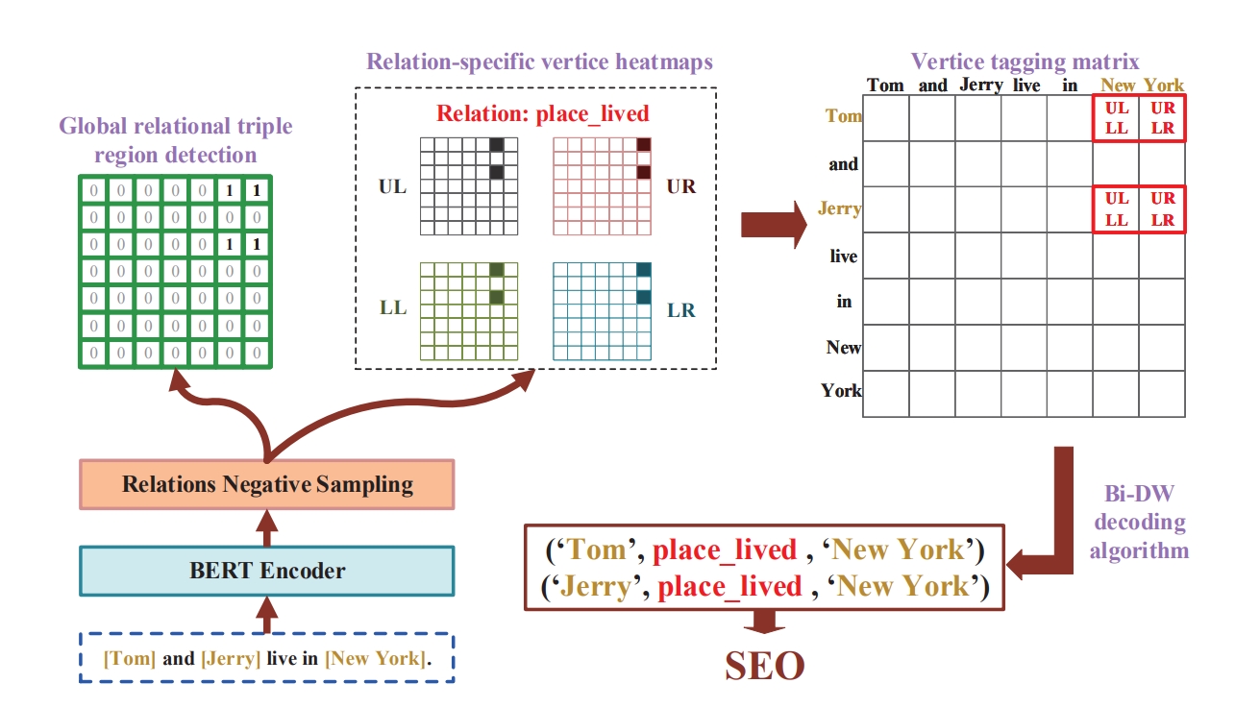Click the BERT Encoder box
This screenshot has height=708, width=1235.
click(x=267, y=571)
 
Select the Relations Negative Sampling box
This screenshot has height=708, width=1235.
click(x=267, y=484)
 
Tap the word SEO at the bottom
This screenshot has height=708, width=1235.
click(x=764, y=666)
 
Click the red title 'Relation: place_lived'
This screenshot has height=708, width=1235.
click(x=543, y=113)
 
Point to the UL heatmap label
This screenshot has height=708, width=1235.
click(x=392, y=186)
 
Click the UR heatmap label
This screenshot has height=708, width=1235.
click(x=680, y=186)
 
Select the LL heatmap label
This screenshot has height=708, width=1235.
click(x=392, y=307)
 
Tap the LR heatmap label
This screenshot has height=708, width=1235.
click(x=681, y=310)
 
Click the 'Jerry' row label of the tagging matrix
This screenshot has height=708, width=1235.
click(x=839, y=208)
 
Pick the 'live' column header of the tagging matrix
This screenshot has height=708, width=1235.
click(x=1025, y=85)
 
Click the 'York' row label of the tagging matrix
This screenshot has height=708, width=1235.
click(x=841, y=391)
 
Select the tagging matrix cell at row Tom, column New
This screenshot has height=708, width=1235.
click(x=1116, y=118)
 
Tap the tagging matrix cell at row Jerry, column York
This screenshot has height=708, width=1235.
click(x=1162, y=209)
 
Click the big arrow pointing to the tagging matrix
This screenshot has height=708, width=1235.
click(x=775, y=225)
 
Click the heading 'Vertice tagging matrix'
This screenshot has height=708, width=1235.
click(x=1025, y=62)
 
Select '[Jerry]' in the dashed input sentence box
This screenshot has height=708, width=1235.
click(x=231, y=659)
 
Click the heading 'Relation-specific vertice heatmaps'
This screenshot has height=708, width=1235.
click(x=539, y=62)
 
